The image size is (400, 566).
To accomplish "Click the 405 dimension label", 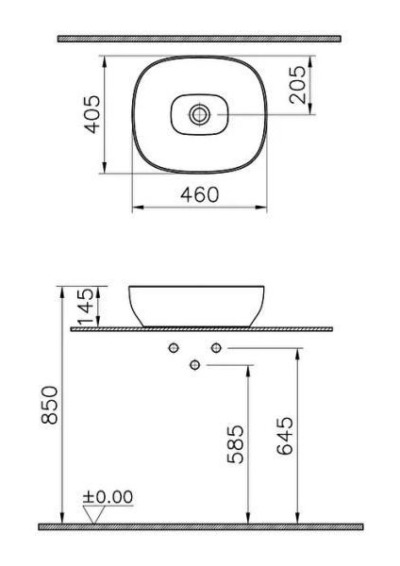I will coord(92,114).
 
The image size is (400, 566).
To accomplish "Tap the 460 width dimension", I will coord(199,194).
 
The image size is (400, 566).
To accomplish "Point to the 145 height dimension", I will coord(86,306).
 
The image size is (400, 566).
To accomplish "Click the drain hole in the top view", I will coord(199,114).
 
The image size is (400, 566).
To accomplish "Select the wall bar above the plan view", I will coord(199,39).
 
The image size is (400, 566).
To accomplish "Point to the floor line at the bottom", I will coord(199,525).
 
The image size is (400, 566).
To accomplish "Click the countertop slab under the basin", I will coord(202,329).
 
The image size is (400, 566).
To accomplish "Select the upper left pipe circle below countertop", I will coord(173,349).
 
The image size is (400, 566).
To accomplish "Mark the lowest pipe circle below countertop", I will coord(194,365).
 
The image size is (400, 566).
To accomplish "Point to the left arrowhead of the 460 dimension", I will coord(135,207).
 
